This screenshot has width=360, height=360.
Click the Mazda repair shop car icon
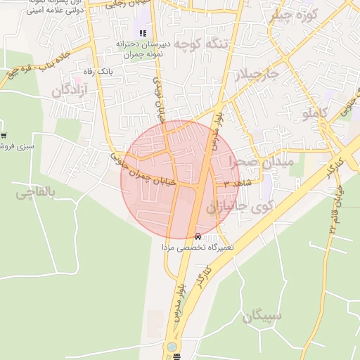(198, 236)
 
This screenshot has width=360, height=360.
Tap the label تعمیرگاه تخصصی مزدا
(198, 247)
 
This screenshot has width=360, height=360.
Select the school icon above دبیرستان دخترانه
(143, 33)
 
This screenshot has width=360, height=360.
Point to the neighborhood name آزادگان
(70, 90)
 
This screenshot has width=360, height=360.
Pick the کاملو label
(316, 112)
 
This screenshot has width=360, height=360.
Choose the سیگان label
(262, 316)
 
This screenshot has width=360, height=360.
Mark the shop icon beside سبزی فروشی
(4, 135)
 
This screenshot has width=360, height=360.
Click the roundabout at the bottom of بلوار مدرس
(172, 347)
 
